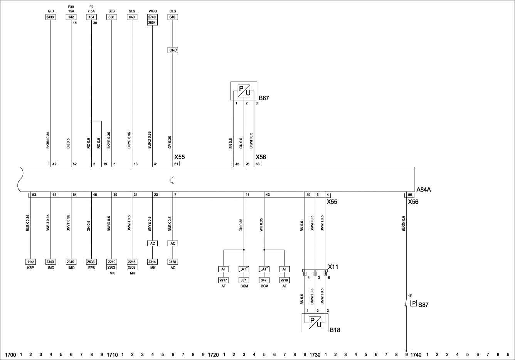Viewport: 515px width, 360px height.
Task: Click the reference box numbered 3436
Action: tap(51, 17)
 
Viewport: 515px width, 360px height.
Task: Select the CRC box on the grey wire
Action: tap(173, 50)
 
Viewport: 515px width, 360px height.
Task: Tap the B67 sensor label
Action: tap(264, 98)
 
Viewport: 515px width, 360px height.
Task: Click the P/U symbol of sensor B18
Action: tap(315, 323)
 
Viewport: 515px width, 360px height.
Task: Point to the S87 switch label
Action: tap(423, 305)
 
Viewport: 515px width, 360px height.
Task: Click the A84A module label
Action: tap(424, 190)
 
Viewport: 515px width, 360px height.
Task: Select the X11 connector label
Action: tap(333, 267)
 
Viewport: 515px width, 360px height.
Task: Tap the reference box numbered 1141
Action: tap(30, 262)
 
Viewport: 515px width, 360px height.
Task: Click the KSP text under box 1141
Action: tap(30, 268)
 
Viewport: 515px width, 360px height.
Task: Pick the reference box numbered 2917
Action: tap(223, 280)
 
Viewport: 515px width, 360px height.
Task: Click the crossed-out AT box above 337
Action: tap(244, 269)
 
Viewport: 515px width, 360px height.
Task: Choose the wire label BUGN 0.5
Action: tap(404, 224)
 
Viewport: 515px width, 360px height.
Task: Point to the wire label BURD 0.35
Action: tap(150, 140)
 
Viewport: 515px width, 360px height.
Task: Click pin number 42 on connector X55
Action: tap(54, 164)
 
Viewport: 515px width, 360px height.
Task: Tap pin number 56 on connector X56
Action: tap(410, 195)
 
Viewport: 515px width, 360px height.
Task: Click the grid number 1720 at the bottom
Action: tap(213, 355)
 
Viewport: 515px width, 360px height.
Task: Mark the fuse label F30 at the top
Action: tap(71, 7)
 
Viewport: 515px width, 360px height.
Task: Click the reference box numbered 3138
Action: tap(173, 262)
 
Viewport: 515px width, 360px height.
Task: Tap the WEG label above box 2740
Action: tap(153, 11)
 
